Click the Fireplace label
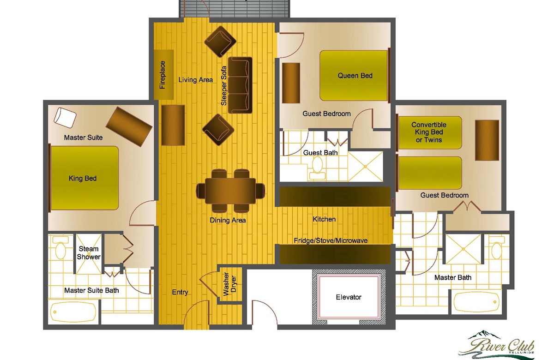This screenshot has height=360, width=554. coord(162,75)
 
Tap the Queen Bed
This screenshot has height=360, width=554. coord(354,75)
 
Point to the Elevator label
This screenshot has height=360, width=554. coord(349,297)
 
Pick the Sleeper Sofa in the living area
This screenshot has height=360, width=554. coord(240,85)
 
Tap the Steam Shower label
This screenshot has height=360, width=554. coord(89,253)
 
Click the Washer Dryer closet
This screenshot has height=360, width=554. coord(230,284)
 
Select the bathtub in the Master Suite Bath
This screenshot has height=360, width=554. coord(73,312)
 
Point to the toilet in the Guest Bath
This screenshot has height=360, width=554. coord(317,168)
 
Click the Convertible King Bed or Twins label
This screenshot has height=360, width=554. coord(428,132)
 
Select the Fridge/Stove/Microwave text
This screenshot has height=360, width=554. coord(331,240)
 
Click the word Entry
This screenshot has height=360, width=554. coord(180,292)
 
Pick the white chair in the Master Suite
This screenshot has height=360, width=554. coord(65,117)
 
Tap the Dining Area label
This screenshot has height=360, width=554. coord(228,220)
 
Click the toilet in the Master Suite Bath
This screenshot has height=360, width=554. coord(60,248)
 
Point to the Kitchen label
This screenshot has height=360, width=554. coord(324,219)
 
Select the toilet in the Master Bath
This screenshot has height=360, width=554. coord(497,248)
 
